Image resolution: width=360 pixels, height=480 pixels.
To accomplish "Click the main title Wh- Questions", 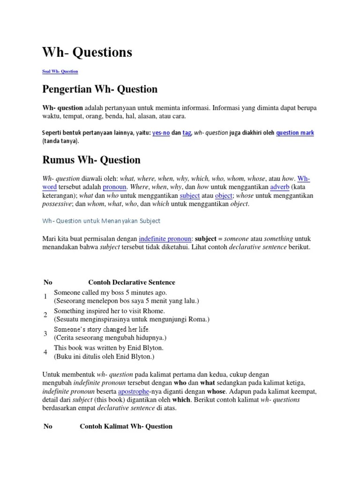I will [x=87, y=52].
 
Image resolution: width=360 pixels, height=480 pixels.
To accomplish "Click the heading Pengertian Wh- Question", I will [x=100, y=89].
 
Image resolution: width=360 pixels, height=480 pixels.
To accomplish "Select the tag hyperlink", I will [x=187, y=133].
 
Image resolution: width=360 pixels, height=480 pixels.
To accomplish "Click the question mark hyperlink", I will [x=295, y=133].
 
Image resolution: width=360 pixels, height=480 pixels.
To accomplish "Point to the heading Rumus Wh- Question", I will [x=91, y=160].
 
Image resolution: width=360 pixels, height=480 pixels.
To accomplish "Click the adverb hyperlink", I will [x=280, y=187].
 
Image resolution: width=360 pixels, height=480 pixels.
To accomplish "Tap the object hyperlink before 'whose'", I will [x=223, y=195].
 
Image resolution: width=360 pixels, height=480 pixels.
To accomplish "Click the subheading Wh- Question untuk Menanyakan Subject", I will [x=102, y=220].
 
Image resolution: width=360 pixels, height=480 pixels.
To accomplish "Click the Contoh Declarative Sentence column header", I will [x=131, y=282].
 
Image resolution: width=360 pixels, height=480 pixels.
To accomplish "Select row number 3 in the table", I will [x=45, y=333].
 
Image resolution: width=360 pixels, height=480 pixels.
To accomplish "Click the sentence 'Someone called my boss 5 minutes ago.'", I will [x=110, y=292].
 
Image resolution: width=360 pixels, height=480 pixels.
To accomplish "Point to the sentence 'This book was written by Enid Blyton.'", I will [x=109, y=348].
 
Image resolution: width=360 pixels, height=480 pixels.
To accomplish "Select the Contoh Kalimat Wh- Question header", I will [x=126, y=426].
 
